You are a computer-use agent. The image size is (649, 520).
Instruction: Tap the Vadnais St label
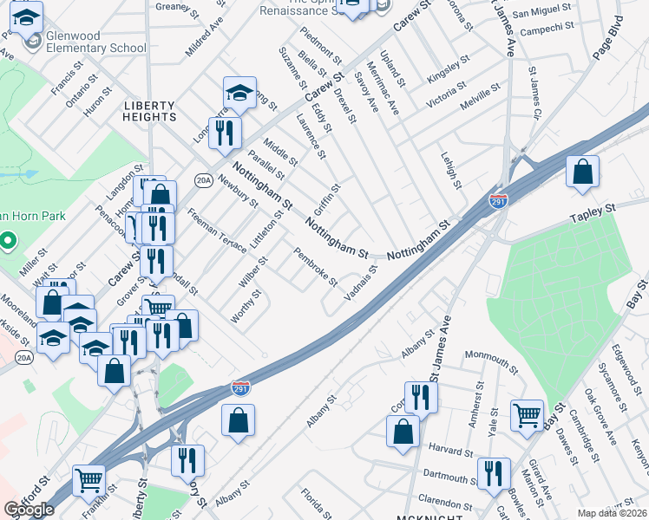(x=360, y=284)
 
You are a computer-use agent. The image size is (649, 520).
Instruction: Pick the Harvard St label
(x=450, y=452)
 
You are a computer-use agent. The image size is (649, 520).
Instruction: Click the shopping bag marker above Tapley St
(x=583, y=172)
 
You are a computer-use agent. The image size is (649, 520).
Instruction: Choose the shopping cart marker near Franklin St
(x=89, y=479)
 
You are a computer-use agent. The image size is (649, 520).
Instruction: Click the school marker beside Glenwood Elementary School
(x=28, y=18)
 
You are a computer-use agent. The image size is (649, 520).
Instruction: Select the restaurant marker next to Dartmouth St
(x=493, y=473)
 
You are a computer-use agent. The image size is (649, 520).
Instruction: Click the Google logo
(x=29, y=510)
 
